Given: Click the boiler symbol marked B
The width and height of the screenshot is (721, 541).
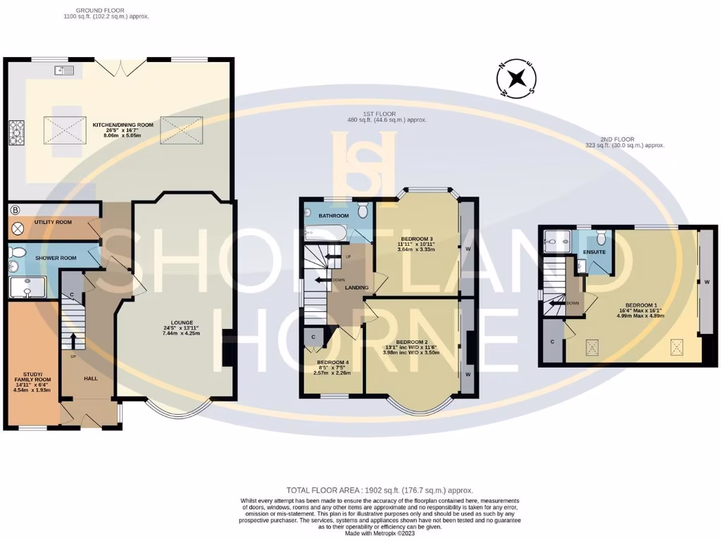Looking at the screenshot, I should [15, 210].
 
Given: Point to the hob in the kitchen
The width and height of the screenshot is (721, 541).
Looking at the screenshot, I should [16, 132].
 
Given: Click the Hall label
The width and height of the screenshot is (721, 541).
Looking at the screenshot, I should [90, 378].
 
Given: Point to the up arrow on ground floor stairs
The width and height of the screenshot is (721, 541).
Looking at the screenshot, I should [73, 340].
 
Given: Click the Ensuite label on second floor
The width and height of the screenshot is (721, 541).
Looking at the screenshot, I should [595, 251].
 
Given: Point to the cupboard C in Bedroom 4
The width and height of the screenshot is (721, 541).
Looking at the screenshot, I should [313, 337].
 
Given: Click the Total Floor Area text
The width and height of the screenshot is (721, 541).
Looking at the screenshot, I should [380, 490].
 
